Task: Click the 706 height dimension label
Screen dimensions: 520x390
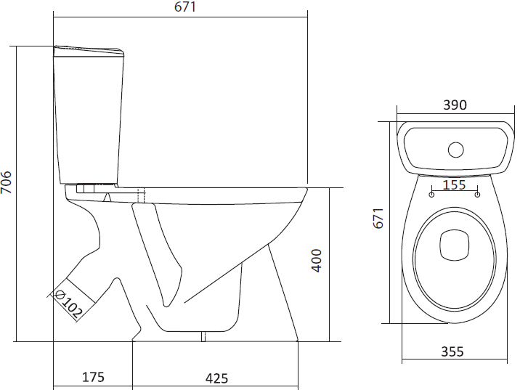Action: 6,182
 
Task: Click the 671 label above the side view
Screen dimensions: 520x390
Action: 185,7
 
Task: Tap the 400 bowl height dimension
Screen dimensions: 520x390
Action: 317,261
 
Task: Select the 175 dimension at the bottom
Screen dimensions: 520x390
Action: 93,377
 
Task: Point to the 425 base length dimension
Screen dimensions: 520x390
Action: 216,378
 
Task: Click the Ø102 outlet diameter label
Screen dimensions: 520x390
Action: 69,304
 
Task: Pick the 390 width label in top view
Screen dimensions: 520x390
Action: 455,105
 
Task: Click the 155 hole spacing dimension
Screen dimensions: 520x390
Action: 454,184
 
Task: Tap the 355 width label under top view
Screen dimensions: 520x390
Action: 452,352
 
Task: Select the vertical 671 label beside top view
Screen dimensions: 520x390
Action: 378,218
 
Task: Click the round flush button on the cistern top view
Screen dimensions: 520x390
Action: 455,150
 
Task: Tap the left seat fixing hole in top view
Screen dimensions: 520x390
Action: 431,195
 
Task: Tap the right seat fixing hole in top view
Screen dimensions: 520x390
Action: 477,195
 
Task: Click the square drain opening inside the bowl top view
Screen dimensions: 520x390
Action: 455,245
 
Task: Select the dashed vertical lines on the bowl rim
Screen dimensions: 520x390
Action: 142,195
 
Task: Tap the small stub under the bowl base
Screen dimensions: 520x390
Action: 203,336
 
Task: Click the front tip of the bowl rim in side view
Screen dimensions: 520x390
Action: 307,189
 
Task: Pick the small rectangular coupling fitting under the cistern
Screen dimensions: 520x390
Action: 86,188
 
